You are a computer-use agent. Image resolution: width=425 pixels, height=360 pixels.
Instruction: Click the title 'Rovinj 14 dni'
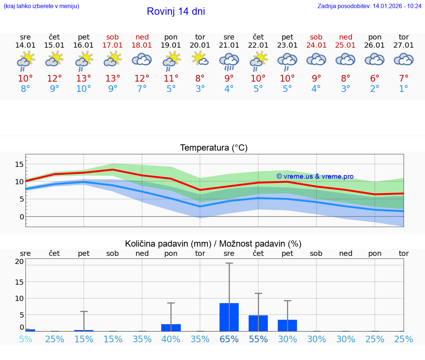(176, 11)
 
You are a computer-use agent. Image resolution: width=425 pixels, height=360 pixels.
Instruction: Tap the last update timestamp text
(369, 6)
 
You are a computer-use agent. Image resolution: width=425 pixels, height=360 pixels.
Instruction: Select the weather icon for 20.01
(200, 59)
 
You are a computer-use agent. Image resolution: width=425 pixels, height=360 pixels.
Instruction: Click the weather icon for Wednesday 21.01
(229, 61)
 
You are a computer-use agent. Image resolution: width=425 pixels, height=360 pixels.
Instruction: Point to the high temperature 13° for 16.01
(84, 79)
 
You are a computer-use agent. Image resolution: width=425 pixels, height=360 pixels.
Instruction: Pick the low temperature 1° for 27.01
(404, 89)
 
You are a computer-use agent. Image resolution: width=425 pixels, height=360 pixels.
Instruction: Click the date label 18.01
(142, 45)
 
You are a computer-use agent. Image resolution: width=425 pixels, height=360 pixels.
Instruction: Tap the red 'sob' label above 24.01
(316, 37)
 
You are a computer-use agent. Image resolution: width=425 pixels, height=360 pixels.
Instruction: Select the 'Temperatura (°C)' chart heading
(214, 148)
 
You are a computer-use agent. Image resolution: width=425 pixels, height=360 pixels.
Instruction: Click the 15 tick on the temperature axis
(19, 164)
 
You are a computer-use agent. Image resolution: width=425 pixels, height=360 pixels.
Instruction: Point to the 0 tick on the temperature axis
(21, 217)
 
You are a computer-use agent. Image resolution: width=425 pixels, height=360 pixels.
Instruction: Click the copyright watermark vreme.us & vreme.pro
(315, 176)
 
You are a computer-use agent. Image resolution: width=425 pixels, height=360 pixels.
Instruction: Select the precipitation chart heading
(213, 244)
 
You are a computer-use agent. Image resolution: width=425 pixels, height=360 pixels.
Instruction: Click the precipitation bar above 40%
(171, 328)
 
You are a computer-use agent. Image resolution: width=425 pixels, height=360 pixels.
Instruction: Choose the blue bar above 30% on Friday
(287, 325)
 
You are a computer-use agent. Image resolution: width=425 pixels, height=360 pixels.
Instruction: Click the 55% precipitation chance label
(258, 339)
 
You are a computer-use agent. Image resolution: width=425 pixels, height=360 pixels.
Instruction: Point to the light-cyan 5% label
(25, 339)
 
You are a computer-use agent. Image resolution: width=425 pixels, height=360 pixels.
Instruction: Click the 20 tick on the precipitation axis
(19, 261)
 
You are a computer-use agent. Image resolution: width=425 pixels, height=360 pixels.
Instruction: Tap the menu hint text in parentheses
(41, 6)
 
